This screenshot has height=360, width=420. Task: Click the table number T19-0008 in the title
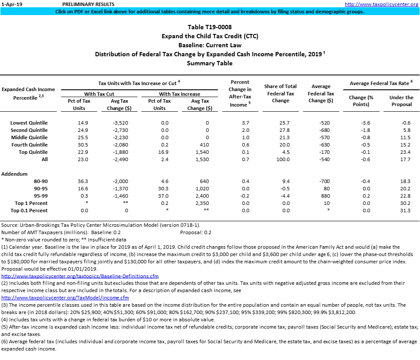click(x=220, y=27)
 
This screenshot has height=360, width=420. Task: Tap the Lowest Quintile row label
click(x=29, y=123)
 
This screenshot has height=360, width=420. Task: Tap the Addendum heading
click(x=15, y=174)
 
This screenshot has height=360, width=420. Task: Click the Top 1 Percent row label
click(x=31, y=203)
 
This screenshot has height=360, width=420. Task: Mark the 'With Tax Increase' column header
click(x=179, y=94)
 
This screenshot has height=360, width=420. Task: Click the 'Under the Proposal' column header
click(x=401, y=101)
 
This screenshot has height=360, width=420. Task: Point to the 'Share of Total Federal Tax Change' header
click(x=281, y=94)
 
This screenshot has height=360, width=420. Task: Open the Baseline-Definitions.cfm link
click(x=80, y=276)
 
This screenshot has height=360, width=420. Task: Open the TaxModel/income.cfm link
click(x=65, y=298)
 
